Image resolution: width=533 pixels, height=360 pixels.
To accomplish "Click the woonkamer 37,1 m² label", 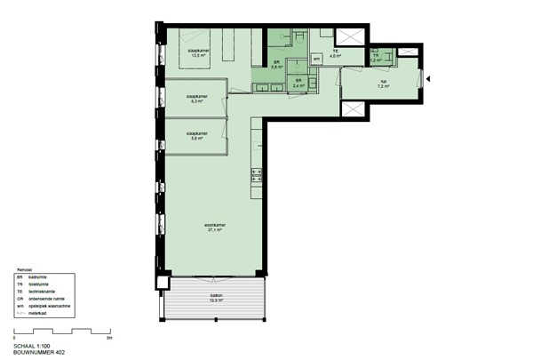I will click(x=213, y=228).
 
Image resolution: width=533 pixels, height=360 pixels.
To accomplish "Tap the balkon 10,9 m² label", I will click(x=216, y=299).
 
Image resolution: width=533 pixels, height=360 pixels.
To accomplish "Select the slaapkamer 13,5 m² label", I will click(x=197, y=53).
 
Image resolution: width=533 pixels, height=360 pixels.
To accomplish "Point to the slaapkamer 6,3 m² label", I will click(x=196, y=99).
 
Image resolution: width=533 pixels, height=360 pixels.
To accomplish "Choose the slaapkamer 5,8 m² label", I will click(x=196, y=136).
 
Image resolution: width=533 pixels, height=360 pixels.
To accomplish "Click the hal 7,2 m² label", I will click(x=384, y=84).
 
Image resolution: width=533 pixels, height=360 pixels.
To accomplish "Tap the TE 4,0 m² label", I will click(x=335, y=53).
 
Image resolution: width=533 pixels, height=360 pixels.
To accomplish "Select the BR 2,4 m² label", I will click(x=298, y=83).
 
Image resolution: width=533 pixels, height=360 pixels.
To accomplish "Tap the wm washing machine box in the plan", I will click(x=317, y=59).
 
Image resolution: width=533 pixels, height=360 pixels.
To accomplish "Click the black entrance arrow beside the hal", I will click(x=428, y=80).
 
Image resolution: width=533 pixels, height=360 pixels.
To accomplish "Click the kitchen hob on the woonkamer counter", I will click(x=258, y=175).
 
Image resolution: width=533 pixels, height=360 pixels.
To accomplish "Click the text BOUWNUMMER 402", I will click(x=40, y=353).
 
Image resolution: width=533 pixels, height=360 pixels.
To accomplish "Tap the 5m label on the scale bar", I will click(x=108, y=339).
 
